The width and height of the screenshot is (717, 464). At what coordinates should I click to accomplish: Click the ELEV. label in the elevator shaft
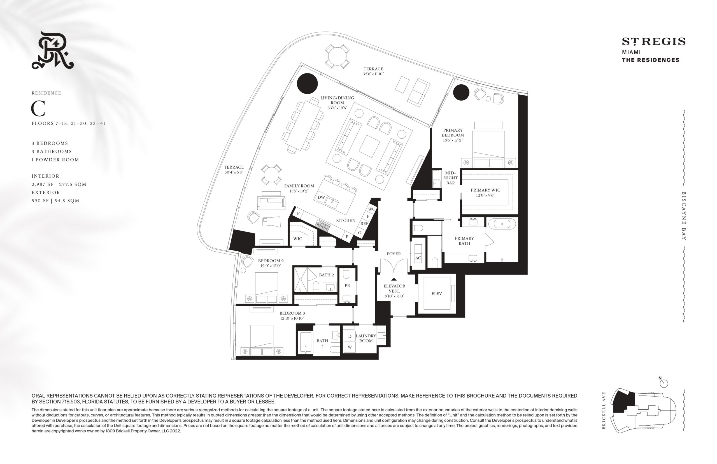click(437, 293)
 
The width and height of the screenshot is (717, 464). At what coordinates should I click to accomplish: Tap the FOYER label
click(394, 254)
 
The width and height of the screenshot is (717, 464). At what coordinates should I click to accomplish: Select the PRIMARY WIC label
click(485, 190)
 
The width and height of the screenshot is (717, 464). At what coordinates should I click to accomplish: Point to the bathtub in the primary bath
click(502, 224)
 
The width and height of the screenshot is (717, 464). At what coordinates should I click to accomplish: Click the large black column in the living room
click(307, 83)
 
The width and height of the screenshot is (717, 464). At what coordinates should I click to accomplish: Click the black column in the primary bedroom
click(461, 92)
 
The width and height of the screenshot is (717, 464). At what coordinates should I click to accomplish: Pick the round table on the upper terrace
click(337, 56)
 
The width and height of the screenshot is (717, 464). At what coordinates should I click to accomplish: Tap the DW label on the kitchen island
click(321, 197)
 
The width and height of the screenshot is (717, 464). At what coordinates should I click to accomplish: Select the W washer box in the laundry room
click(350, 347)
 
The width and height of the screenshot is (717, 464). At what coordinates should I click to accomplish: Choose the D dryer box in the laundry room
click(350, 336)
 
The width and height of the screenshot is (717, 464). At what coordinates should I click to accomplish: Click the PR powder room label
click(347, 286)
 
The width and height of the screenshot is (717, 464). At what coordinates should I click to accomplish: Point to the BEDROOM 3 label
click(292, 313)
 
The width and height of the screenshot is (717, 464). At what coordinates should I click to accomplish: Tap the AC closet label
click(418, 258)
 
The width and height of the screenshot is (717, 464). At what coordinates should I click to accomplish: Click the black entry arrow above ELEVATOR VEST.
click(394, 279)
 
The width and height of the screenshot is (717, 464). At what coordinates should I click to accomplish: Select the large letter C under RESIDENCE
click(38, 108)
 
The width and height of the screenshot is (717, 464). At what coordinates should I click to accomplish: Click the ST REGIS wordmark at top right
click(654, 41)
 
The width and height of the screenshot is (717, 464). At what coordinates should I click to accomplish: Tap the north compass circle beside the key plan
click(664, 384)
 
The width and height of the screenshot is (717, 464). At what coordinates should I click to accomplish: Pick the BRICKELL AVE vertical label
click(604, 410)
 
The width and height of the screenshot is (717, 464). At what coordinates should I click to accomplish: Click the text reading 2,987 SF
click(43, 184)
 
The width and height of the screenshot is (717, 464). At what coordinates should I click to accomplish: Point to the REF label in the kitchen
click(364, 224)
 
